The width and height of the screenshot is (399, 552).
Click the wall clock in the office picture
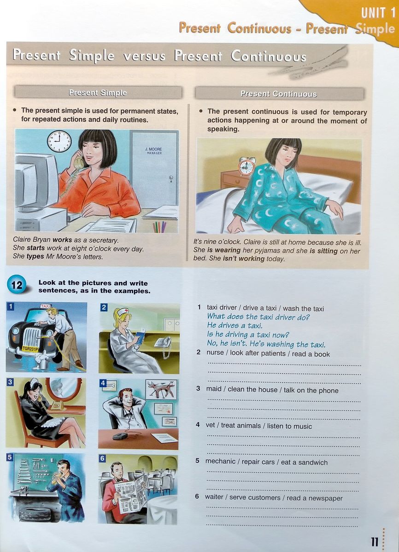click(59, 141)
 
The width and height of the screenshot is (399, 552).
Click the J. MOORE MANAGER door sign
click(154, 151)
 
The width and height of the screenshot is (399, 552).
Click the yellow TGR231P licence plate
click(30, 349)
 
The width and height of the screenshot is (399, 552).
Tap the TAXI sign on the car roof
click(45, 306)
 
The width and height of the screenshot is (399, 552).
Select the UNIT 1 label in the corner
click(378, 13)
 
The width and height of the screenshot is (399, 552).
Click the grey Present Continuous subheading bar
click(279, 94)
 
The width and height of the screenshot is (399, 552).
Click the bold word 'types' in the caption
click(36, 257)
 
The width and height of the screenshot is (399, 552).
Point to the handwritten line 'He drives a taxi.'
click(235, 326)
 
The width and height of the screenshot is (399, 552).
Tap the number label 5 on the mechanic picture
click(9, 458)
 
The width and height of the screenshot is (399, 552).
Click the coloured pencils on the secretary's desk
click(159, 226)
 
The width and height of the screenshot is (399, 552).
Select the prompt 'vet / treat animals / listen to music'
click(259, 426)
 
